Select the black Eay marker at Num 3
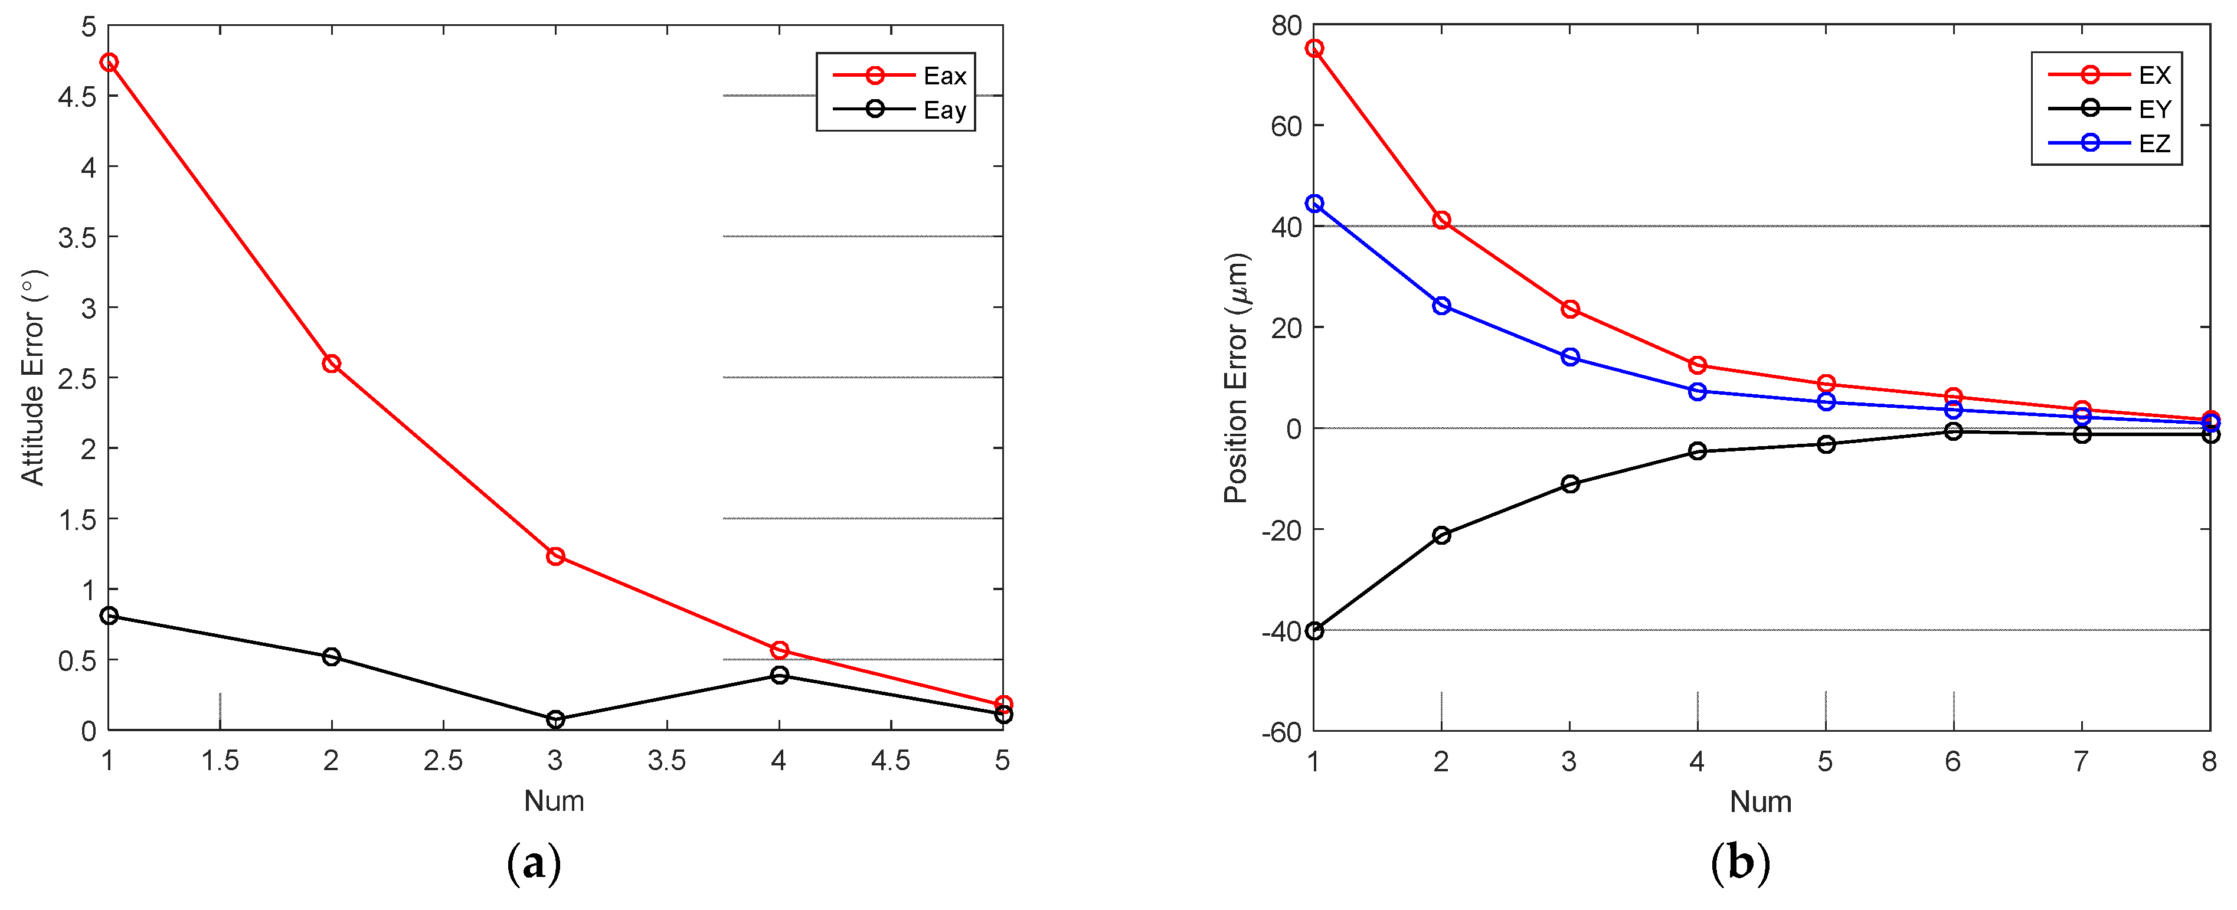click(555, 719)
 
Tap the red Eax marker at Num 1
click(109, 63)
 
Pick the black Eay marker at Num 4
click(779, 675)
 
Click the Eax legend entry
click(899, 76)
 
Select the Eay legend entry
click(899, 109)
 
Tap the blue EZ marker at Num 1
click(1314, 203)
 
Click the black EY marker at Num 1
click(1314, 630)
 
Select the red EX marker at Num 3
click(1569, 309)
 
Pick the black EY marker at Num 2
click(1441, 535)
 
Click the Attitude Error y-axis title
click(33, 377)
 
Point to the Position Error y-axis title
click(1236, 378)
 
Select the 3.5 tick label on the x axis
click(666, 761)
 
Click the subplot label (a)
click(533, 864)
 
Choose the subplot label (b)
click(1739, 864)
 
